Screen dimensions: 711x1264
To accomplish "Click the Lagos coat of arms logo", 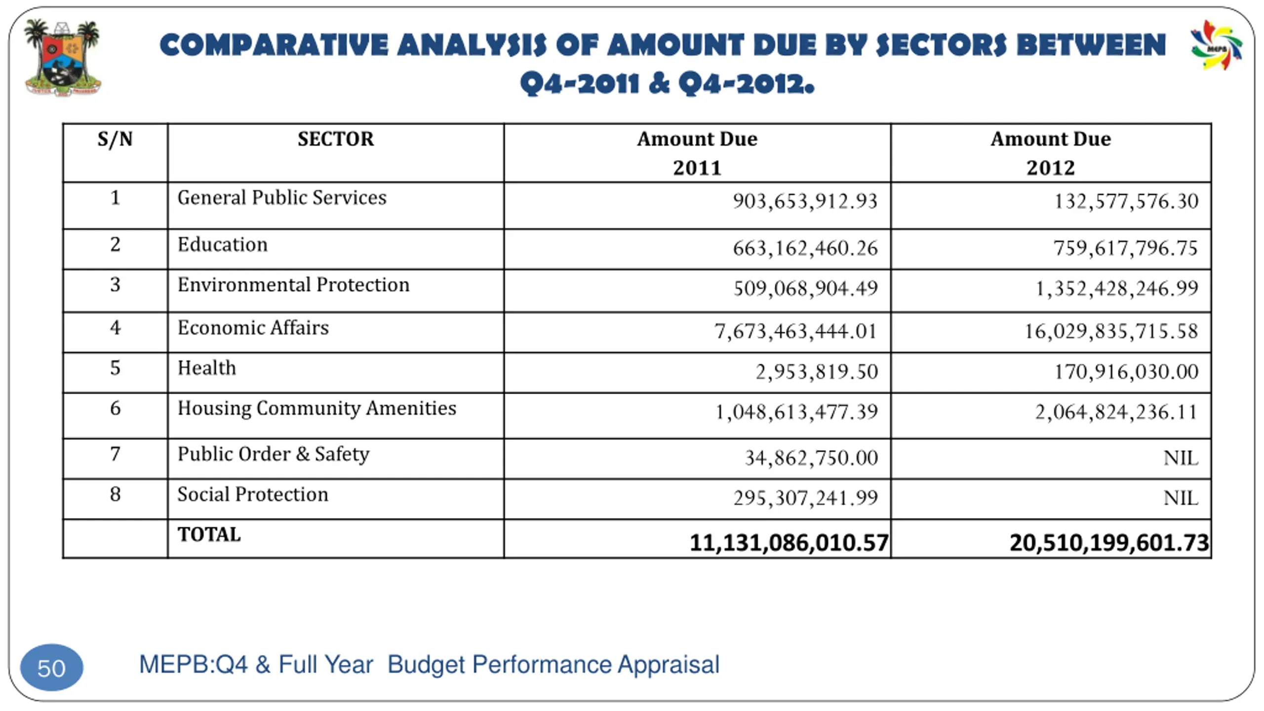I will tap(63, 58).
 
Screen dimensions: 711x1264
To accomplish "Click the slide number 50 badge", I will tap(51, 668).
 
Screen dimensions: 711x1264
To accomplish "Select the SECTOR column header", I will tap(336, 139).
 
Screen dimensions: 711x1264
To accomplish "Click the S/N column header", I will tap(115, 139).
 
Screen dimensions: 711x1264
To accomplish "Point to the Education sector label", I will tap(223, 245).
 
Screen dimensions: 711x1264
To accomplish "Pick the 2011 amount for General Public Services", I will tap(805, 201).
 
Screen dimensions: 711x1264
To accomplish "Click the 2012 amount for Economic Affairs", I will tap(1111, 331).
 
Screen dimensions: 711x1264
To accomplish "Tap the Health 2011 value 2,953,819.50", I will tap(817, 372).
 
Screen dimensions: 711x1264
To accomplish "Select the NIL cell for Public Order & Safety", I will tap(1181, 458).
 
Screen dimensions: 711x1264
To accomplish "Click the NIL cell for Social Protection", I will tap(1181, 498).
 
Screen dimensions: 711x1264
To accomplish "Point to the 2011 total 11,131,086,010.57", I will tap(789, 543).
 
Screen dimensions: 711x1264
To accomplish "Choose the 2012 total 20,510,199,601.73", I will tap(1109, 543).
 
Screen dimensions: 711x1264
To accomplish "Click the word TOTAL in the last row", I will tap(209, 535).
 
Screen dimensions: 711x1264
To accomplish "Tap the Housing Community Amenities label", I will tap(316, 409).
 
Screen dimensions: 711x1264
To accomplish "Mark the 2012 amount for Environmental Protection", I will tap(1117, 288).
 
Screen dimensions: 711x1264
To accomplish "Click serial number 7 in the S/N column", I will tap(115, 454).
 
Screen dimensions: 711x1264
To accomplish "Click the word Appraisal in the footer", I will tap(669, 665).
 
